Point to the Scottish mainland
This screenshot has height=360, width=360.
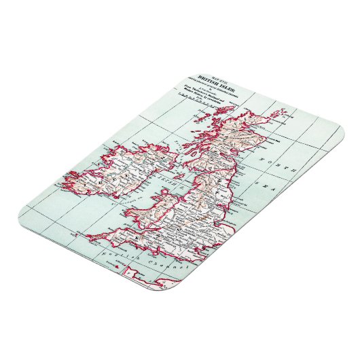[224, 136]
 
